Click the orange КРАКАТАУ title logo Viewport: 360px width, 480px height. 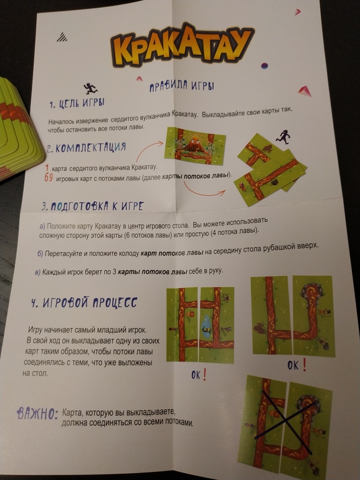coord(182,46)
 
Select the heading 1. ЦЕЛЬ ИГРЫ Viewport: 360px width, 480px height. coord(77,103)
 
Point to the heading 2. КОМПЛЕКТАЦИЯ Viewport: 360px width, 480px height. coord(86,148)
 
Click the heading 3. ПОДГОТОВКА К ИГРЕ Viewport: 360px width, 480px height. coord(92,206)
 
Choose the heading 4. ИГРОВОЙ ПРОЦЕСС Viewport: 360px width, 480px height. coord(84,302)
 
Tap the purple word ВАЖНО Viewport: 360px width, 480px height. coord(37,414)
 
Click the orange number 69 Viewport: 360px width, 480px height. coord(49,177)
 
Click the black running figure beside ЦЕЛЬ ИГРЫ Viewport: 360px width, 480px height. coord(90,89)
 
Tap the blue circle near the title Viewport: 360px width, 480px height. coord(264,65)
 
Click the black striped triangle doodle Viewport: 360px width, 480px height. coord(62,37)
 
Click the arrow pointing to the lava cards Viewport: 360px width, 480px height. coord(204,190)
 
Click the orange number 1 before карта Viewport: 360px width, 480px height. coord(47,168)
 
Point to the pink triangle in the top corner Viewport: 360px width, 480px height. coord(297,12)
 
